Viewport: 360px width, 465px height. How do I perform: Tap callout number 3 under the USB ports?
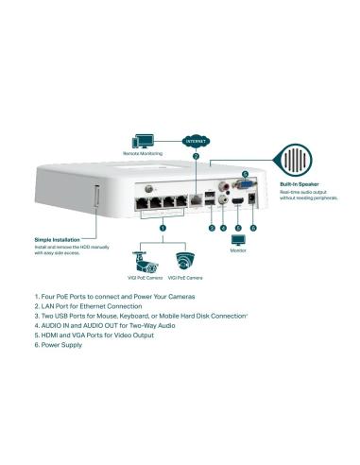click(x=212, y=228)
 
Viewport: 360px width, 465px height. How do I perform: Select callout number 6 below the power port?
click(x=251, y=228)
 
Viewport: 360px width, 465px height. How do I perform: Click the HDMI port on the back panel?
click(x=238, y=200)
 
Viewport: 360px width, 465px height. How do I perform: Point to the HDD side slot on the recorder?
click(x=95, y=202)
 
